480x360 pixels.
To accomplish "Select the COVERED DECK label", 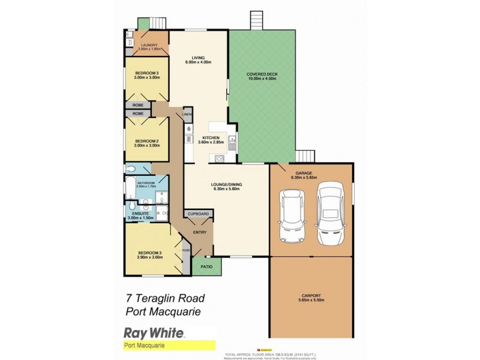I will (x=262, y=74).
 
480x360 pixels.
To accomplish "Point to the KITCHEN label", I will (x=211, y=137).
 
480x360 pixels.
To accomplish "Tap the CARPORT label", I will (x=311, y=296).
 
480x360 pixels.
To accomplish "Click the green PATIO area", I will (x=206, y=266).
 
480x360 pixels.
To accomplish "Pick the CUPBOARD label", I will (x=198, y=214).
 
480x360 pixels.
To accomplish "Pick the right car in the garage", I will (x=330, y=214).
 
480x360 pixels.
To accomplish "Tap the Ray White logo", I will (x=154, y=332).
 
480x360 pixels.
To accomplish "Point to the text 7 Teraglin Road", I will (x=166, y=298).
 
